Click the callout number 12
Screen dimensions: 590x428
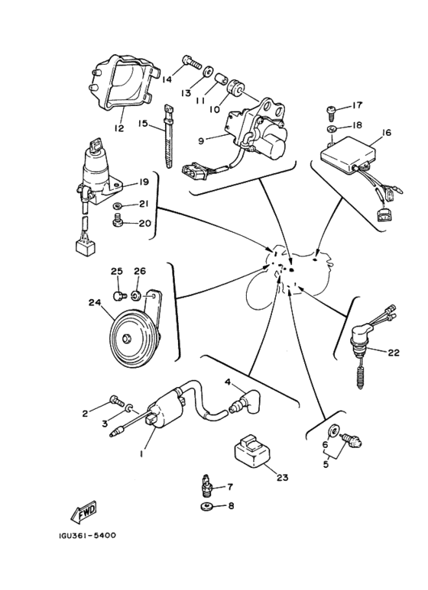point(118,129)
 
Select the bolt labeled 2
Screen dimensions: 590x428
point(116,400)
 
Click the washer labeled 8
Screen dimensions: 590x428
point(206,507)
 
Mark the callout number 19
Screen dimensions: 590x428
point(143,182)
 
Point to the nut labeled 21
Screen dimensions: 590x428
point(117,206)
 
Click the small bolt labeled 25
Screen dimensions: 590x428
point(117,294)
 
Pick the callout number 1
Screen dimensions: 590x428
point(141,453)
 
